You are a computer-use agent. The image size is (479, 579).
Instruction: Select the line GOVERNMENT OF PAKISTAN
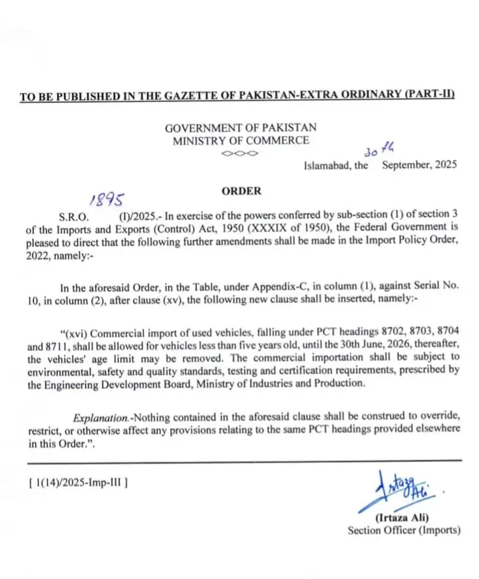(241, 128)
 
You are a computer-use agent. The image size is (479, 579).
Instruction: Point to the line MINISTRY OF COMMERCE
(241, 140)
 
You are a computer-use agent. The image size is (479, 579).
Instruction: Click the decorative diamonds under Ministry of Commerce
(241, 153)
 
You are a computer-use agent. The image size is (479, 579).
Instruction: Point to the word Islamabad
(326, 166)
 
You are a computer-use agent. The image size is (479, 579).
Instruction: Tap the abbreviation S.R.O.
(74, 217)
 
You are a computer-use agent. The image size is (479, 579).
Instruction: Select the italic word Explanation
(101, 417)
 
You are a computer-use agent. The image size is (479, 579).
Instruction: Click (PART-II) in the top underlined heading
(429, 96)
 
